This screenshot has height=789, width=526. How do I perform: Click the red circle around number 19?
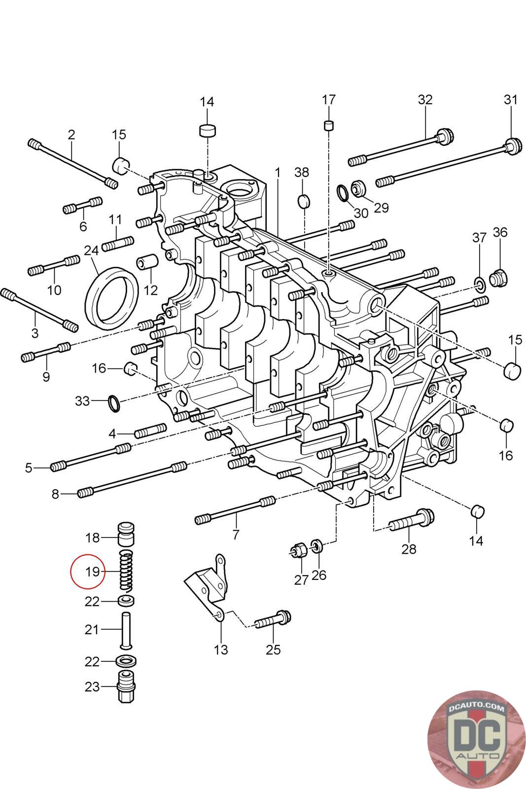point(87,572)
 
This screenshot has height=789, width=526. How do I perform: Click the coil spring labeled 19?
point(127,571)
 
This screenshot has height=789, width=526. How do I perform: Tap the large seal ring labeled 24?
point(112,296)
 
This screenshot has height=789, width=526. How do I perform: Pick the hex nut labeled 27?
point(297,550)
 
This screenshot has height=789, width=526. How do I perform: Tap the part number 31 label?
point(511,100)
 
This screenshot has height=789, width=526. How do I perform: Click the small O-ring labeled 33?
point(114,403)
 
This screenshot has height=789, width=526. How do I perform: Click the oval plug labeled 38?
point(304,200)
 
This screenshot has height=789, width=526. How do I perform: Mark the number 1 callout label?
point(278,173)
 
